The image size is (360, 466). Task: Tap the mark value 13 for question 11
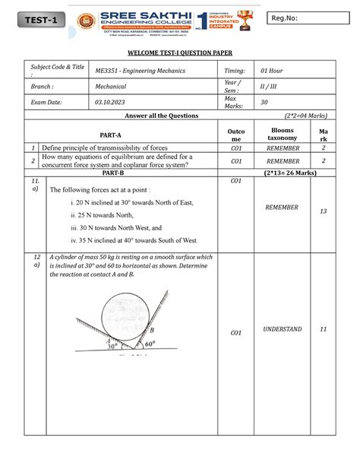coord(324,211)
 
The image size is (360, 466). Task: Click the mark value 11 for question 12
coord(324,329)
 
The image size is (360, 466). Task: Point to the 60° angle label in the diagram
coord(150,344)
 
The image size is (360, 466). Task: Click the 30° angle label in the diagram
coord(112,346)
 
